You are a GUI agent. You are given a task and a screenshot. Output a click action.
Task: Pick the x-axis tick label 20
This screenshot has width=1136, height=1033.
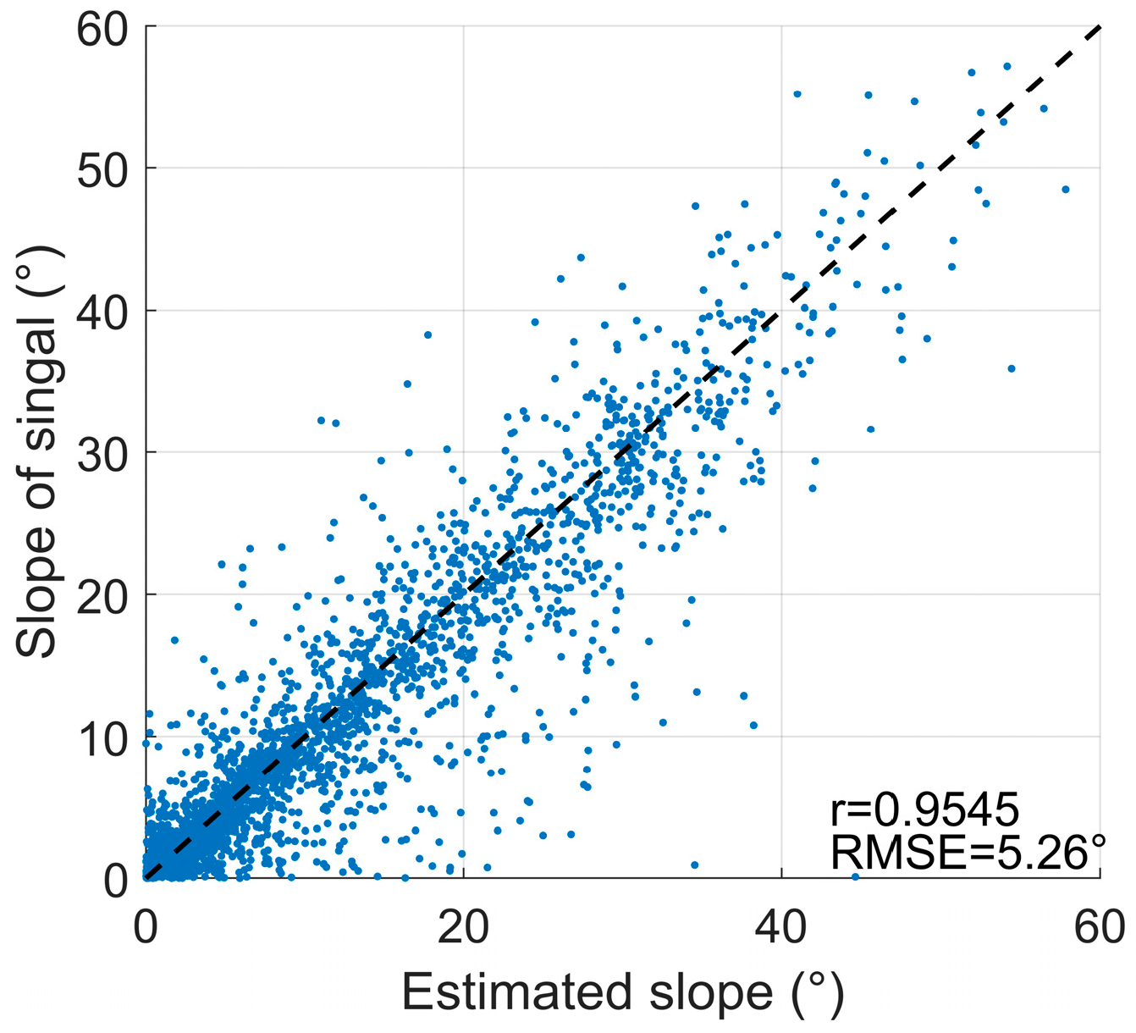pos(464,927)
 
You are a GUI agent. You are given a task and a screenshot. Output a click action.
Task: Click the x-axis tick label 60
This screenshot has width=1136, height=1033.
pos(1100,927)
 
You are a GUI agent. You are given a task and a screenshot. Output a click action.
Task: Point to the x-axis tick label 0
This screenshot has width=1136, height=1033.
pos(146,927)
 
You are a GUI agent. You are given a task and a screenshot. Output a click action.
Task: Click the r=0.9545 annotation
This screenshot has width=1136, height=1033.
pos(924,810)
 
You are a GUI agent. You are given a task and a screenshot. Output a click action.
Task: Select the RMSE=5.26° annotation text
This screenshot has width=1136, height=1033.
pos(968,852)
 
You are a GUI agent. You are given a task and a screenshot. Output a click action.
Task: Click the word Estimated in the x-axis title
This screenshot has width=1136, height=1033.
pos(516,992)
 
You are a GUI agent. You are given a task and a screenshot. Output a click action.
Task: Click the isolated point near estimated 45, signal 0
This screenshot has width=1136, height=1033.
pos(855,877)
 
